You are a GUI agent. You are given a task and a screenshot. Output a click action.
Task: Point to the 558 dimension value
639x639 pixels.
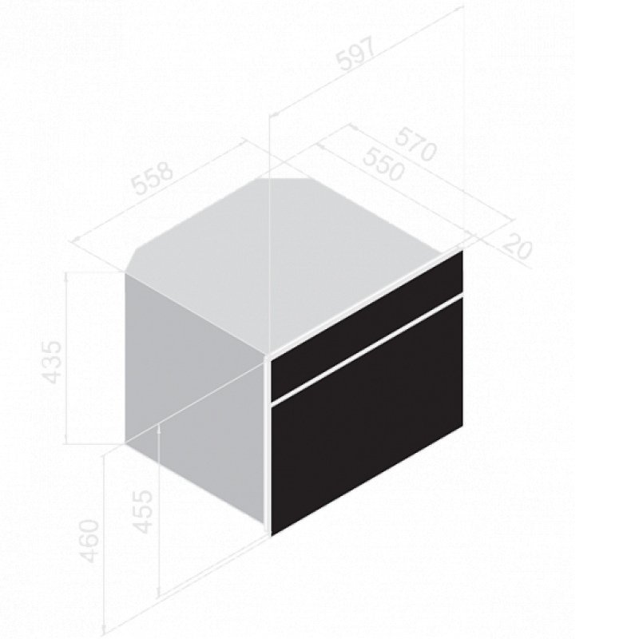coord(153,178)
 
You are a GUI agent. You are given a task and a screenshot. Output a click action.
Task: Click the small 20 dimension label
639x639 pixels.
coord(518,246)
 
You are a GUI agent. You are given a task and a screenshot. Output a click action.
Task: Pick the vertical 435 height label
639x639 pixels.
coord(53,362)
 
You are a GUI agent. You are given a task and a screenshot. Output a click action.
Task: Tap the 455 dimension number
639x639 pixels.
coord(143,511)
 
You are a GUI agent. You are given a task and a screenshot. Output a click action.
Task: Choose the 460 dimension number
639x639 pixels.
coord(89,541)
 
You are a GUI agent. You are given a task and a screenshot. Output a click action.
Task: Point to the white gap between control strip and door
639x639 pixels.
coord(367,347)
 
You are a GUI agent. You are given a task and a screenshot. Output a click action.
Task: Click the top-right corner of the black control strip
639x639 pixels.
coord(462,251)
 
